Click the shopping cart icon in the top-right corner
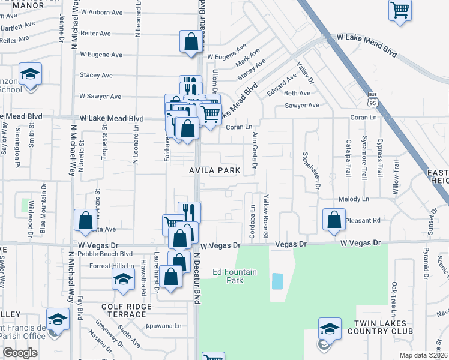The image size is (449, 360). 400,10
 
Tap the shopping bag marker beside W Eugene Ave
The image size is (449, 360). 191,42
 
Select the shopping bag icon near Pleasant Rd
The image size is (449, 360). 334,220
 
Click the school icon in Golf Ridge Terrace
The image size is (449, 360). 124,279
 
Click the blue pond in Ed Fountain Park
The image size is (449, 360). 277,281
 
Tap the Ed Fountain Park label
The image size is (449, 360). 235,276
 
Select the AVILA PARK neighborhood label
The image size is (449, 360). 215,170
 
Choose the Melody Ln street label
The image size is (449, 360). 354,199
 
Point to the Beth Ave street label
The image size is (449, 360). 297,93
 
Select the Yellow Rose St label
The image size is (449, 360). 265,215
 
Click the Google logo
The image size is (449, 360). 20,353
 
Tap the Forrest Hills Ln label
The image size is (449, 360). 112,266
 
